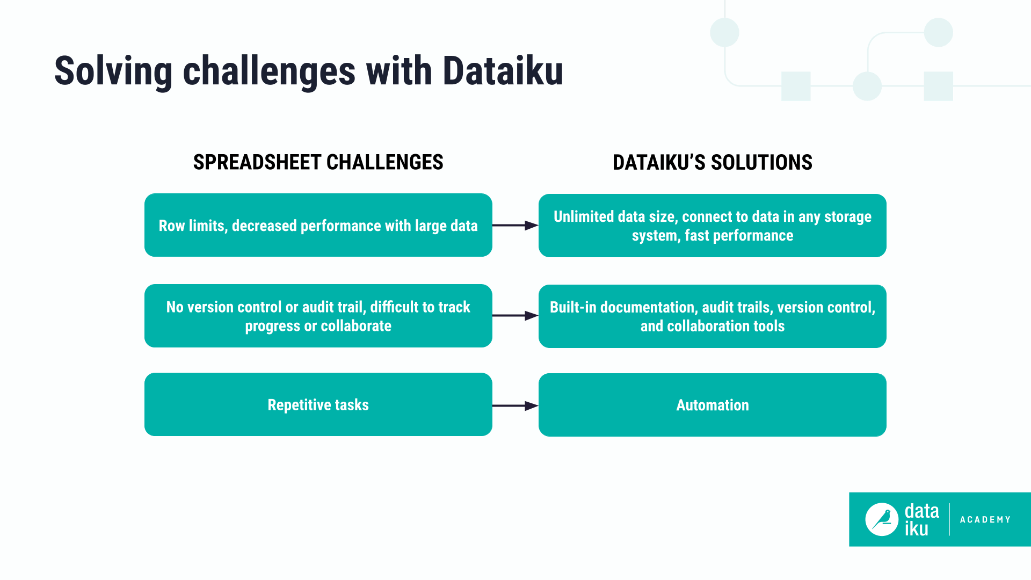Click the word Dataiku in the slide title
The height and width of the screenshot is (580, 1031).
coord(503,71)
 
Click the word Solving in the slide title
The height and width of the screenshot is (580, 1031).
coord(113,71)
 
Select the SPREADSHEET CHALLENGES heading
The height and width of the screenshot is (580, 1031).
coord(318,162)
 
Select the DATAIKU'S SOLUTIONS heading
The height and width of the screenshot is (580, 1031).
coord(712,162)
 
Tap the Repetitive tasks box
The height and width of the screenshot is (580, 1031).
coord(318,404)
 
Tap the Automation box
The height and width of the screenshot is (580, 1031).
coord(712,405)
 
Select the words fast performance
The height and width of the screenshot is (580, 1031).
coord(739,235)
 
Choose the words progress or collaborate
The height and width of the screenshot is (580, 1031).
coord(318,326)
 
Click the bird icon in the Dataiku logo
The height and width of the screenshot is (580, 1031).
coord(881,519)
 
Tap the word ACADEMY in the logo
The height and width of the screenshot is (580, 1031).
coord(985,519)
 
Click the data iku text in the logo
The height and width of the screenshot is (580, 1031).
coord(921,519)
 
